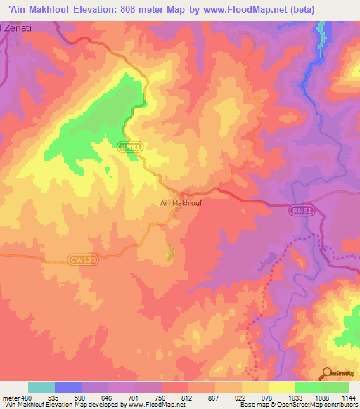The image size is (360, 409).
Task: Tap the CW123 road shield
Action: tap(81, 259)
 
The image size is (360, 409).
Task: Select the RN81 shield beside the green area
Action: tap(127, 145)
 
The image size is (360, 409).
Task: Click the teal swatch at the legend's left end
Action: tap(41, 387)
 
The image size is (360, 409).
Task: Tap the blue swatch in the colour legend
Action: tap(68, 387)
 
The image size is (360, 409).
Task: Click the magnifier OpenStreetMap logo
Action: tap(340, 373)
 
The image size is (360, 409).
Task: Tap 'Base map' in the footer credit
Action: tap(252, 405)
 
